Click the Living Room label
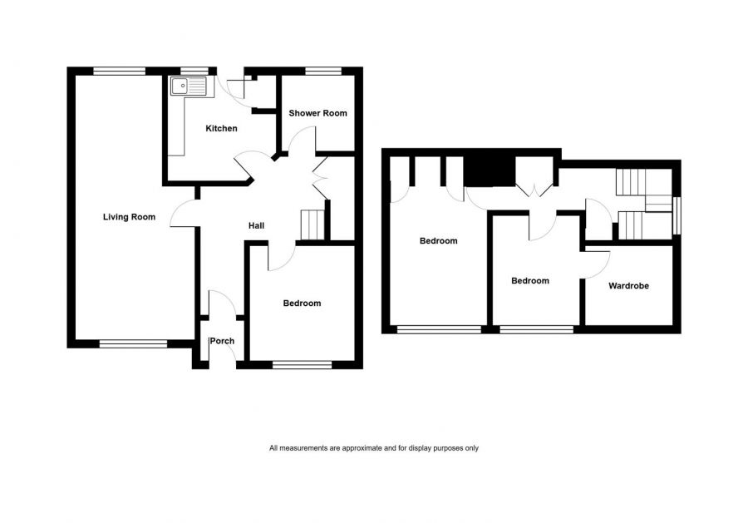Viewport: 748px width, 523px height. (x=130, y=217)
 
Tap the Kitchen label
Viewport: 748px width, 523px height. (x=221, y=128)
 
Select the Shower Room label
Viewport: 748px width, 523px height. (x=317, y=113)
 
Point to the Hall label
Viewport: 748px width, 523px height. (x=256, y=225)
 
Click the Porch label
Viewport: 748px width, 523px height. (x=222, y=341)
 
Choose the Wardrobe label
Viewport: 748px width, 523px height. (x=629, y=286)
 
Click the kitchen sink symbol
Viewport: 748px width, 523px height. (x=189, y=86)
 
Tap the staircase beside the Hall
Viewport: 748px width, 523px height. (x=312, y=224)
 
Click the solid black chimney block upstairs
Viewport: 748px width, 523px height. (x=490, y=171)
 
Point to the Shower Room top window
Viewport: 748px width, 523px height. (x=323, y=72)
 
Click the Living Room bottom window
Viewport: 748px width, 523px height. (x=134, y=343)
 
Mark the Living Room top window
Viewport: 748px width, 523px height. (x=119, y=72)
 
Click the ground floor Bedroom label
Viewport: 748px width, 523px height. (x=302, y=303)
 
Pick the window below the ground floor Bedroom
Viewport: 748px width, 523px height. (x=303, y=364)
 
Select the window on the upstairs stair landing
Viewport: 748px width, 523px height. (x=677, y=215)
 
